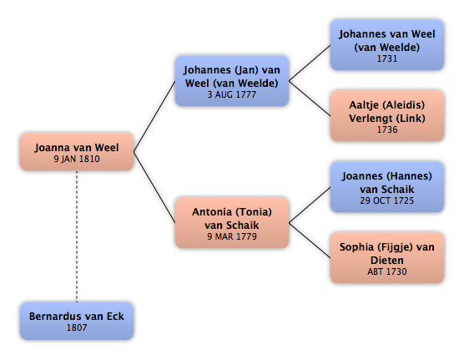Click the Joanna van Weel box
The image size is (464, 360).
pyautogui.click(x=77, y=152)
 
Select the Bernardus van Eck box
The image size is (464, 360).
pyautogui.click(x=77, y=321)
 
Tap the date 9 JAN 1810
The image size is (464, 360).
pyautogui.click(x=77, y=159)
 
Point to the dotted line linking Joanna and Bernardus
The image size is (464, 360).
pyautogui.click(x=77, y=236)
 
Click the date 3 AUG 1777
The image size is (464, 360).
pyautogui.click(x=232, y=94)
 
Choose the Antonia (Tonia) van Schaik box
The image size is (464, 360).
pyautogui.click(x=232, y=223)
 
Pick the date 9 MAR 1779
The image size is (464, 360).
pyautogui.click(x=232, y=236)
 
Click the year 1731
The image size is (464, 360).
pyautogui.click(x=387, y=58)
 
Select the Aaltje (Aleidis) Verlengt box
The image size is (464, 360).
pyautogui.click(x=387, y=116)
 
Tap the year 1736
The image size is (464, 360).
pyautogui.click(x=387, y=129)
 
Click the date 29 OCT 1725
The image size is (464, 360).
pyautogui.click(x=387, y=200)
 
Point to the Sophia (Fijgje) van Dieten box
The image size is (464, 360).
pyautogui.click(x=387, y=258)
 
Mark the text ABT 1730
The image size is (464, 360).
pyautogui.click(x=387, y=271)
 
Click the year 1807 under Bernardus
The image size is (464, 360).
pyautogui.click(x=77, y=327)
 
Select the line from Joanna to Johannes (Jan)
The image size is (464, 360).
pyautogui.click(x=154, y=116)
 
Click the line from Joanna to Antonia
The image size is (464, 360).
pyautogui.click(x=154, y=187)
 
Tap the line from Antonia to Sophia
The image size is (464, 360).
pyautogui.click(x=310, y=241)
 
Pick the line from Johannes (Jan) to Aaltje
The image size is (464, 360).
pyautogui.click(x=310, y=99)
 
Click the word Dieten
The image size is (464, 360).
pyautogui.click(x=387, y=261)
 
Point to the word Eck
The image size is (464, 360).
pyautogui.click(x=115, y=317)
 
